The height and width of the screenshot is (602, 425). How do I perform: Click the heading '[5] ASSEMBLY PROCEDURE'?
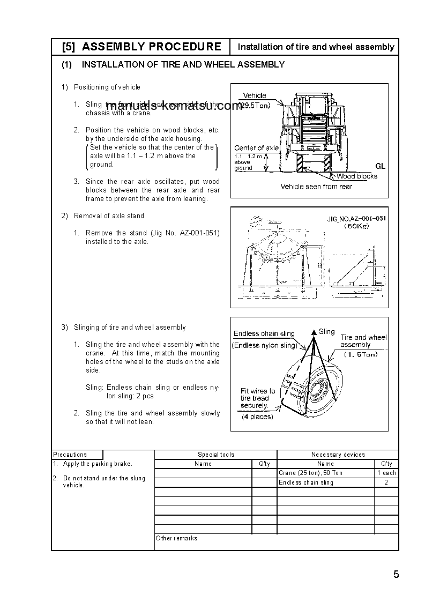point(141,47)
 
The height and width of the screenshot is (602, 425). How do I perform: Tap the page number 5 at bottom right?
point(396,575)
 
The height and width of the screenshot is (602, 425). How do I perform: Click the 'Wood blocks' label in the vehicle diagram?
point(356,176)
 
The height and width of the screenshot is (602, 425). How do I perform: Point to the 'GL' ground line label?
point(380,167)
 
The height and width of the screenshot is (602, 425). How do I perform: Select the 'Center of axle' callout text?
point(256,148)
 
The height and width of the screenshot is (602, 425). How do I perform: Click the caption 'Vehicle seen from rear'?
point(316,187)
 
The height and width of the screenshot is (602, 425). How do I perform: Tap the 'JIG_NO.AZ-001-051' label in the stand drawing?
point(356,219)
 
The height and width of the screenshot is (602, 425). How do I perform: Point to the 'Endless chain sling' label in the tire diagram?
point(264,334)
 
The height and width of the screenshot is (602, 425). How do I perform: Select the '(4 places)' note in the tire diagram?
point(257,417)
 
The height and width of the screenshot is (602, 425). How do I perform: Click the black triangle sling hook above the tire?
point(314,332)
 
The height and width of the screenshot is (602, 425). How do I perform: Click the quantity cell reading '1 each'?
point(386,473)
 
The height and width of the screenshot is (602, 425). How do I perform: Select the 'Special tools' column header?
point(215,455)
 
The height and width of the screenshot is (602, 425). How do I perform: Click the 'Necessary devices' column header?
point(338,455)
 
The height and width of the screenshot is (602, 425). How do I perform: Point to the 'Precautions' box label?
point(70,455)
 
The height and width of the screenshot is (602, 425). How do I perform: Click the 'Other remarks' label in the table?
point(176,538)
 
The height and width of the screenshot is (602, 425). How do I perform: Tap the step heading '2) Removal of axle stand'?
point(102,216)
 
